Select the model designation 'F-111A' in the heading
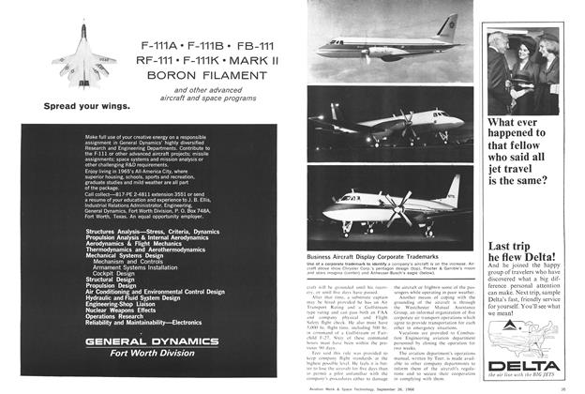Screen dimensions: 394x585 tap(161, 44)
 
